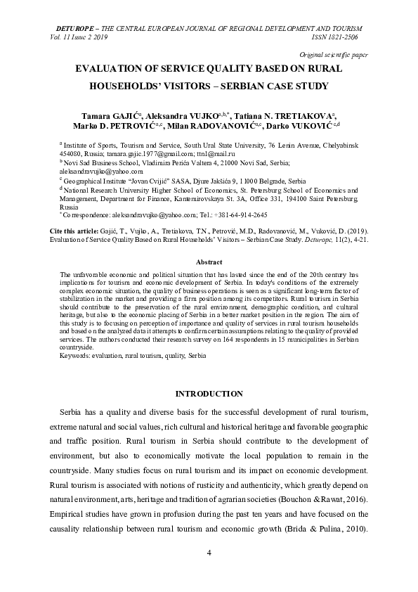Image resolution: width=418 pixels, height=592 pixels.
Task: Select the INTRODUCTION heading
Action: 209,394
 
